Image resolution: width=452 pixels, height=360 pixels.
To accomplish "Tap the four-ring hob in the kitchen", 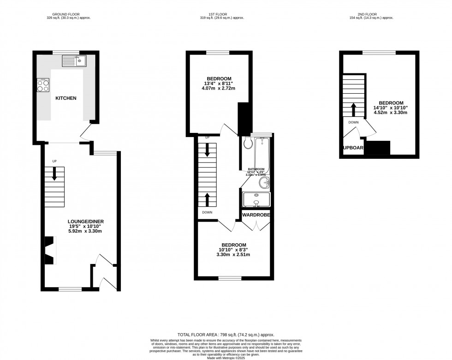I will click(43, 85).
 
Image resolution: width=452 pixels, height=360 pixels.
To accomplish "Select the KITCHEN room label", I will click(66, 98).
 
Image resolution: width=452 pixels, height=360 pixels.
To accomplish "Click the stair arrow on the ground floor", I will click(54, 174).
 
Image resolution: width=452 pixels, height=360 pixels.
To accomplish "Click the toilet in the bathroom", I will click(248, 143).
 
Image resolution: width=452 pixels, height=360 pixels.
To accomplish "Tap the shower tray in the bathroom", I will click(256, 199).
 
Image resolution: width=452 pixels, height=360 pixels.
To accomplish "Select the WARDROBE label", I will click(254, 215).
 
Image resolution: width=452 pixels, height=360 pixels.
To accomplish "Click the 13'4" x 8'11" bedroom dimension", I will click(219, 84).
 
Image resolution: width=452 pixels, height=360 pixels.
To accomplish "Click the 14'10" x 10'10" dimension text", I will click(391, 108).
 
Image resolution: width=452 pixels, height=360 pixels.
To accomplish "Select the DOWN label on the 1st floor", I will click(207, 212).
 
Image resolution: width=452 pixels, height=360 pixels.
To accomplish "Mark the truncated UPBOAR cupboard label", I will click(353, 148).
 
